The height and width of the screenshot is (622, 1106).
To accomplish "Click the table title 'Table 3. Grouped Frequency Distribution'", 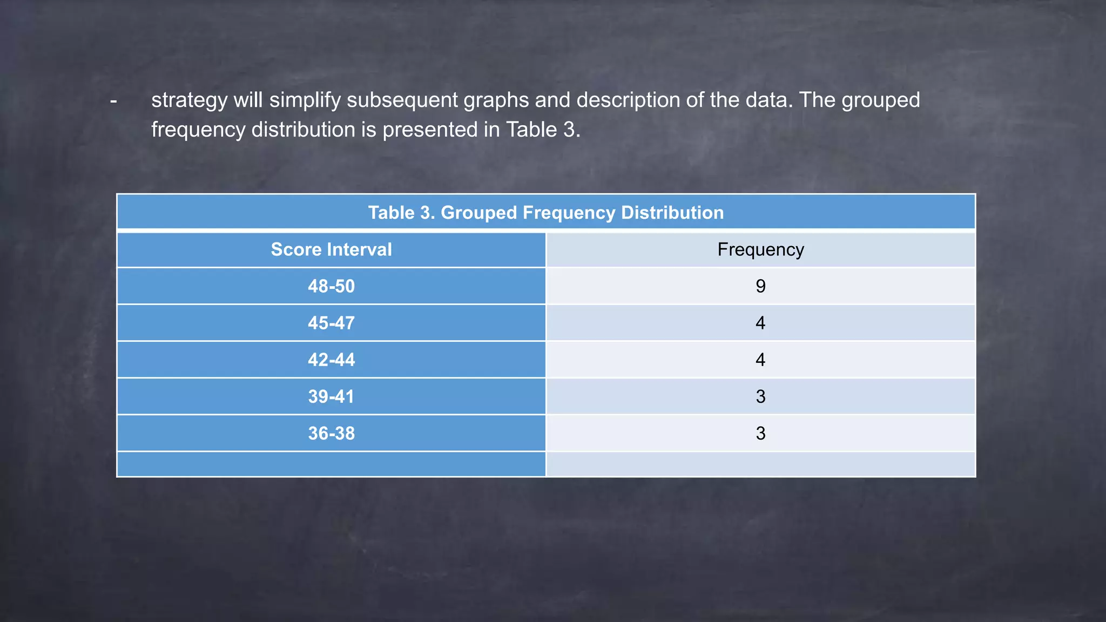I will coord(545,213).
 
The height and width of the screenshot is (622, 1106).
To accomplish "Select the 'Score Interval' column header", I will coord(331,249).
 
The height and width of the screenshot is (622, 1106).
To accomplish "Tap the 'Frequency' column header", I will coord(760,249).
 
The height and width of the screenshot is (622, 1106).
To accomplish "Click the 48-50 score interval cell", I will coord(331,286).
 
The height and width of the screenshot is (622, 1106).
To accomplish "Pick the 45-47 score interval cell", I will coord(331,323).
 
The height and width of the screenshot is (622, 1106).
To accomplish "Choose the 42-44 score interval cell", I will coord(331,360).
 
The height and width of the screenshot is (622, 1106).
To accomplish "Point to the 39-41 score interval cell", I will coord(331,396).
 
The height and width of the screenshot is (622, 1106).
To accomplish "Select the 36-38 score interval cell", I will coord(331,433).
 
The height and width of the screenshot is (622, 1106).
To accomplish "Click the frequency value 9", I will coord(760,286).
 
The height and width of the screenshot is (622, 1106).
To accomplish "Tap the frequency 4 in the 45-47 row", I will coord(760,323).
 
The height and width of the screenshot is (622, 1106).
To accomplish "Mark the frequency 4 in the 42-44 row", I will coord(760,360).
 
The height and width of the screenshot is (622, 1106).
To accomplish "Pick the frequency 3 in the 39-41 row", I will coord(760,396).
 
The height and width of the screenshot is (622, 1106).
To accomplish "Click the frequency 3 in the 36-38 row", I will coord(760,433).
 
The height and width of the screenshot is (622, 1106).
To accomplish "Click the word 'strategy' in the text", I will coord(189,101).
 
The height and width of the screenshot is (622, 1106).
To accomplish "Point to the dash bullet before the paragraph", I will coord(113,101).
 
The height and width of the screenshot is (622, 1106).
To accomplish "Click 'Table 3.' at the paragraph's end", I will coord(543,130).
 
